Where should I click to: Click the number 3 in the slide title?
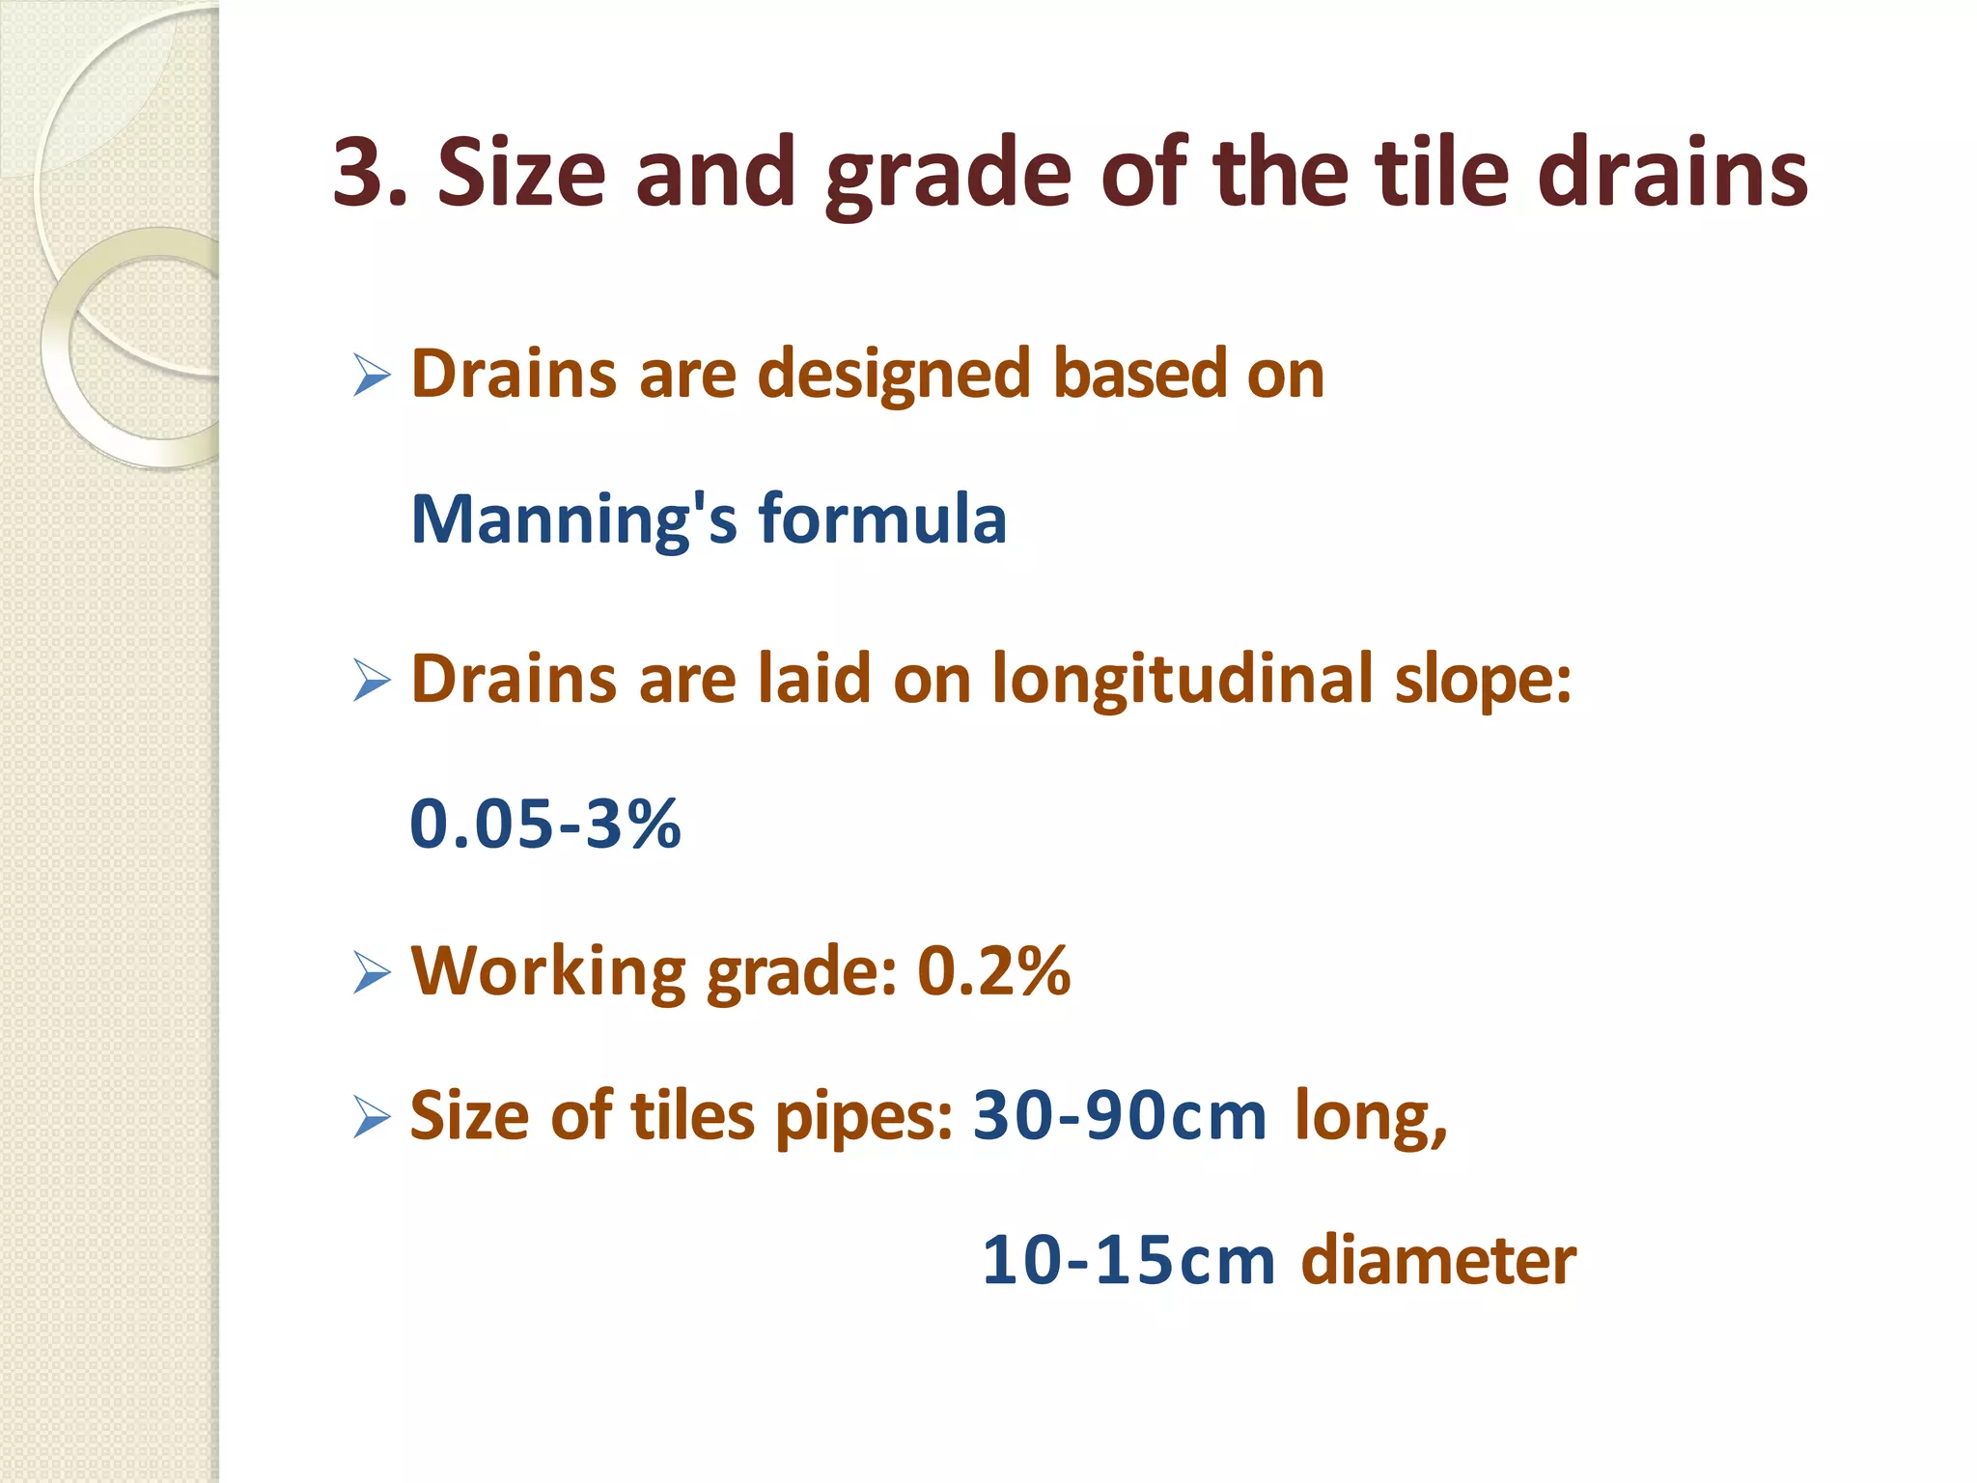(x=359, y=174)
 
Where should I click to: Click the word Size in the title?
(x=521, y=174)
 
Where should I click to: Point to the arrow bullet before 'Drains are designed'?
(x=372, y=375)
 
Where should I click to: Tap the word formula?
(x=882, y=519)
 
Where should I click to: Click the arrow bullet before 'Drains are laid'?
(x=372, y=681)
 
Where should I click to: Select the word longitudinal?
(x=1183, y=682)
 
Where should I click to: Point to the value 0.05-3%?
(x=545, y=825)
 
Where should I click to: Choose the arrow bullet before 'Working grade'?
(x=372, y=972)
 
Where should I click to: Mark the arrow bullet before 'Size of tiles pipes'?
(x=372, y=1117)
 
